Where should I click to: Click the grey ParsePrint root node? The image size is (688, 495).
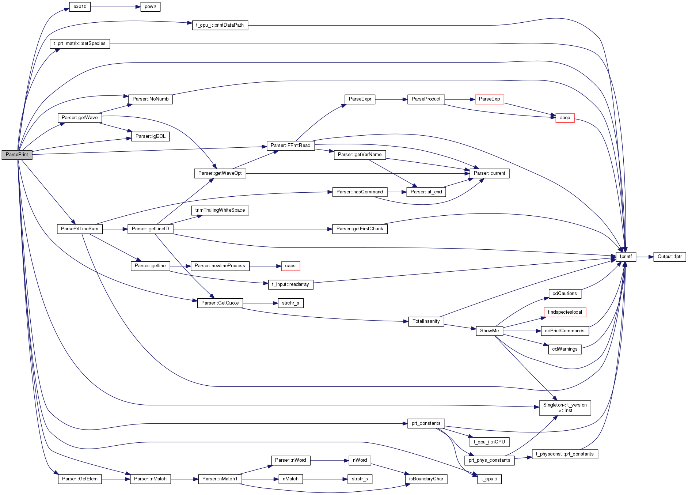click(x=17, y=155)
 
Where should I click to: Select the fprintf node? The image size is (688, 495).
click(x=626, y=257)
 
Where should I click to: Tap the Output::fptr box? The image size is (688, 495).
click(x=670, y=257)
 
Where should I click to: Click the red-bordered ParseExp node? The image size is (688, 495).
click(x=489, y=99)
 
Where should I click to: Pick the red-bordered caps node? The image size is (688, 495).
click(x=290, y=266)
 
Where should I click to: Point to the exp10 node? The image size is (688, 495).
click(x=80, y=7)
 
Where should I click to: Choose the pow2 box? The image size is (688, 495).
click(x=150, y=7)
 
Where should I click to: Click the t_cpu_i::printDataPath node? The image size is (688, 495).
click(x=220, y=25)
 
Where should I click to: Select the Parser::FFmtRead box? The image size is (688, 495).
click(x=290, y=146)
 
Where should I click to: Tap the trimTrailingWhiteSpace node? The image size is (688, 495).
click(x=220, y=210)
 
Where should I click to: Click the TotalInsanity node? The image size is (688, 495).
click(x=426, y=321)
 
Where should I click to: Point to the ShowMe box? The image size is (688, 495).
click(x=489, y=331)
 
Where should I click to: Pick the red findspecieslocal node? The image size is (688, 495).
click(x=565, y=312)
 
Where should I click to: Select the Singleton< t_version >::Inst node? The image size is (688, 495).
click(x=565, y=408)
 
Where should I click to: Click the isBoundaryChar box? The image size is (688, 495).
click(x=426, y=479)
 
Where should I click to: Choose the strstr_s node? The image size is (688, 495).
click(x=360, y=479)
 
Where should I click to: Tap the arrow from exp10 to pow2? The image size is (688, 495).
click(x=115, y=7)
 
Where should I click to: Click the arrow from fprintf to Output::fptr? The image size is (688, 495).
click(x=645, y=257)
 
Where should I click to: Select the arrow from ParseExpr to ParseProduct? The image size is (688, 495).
click(x=391, y=99)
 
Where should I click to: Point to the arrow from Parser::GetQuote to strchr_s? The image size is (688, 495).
click(x=260, y=303)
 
